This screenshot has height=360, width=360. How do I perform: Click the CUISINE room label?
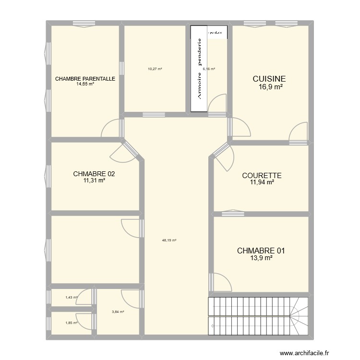point(269,79)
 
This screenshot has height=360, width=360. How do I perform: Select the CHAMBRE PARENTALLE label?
point(85,79)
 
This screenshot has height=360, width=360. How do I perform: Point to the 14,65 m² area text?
point(85,84)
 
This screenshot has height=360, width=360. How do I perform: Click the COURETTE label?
point(262,176)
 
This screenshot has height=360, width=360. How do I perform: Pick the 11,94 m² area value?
point(262,182)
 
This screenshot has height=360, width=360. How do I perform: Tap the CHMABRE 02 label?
point(94,174)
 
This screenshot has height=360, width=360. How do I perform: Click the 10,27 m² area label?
point(155,69)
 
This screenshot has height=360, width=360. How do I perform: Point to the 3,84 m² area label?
point(118,312)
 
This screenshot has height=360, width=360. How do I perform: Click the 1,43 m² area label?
point(71,298)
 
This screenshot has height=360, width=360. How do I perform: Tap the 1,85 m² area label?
point(71,323)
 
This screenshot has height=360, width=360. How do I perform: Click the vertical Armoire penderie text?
point(199,69)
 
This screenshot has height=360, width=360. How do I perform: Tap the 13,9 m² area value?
point(262,258)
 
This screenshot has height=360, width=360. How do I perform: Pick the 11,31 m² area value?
point(94,181)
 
